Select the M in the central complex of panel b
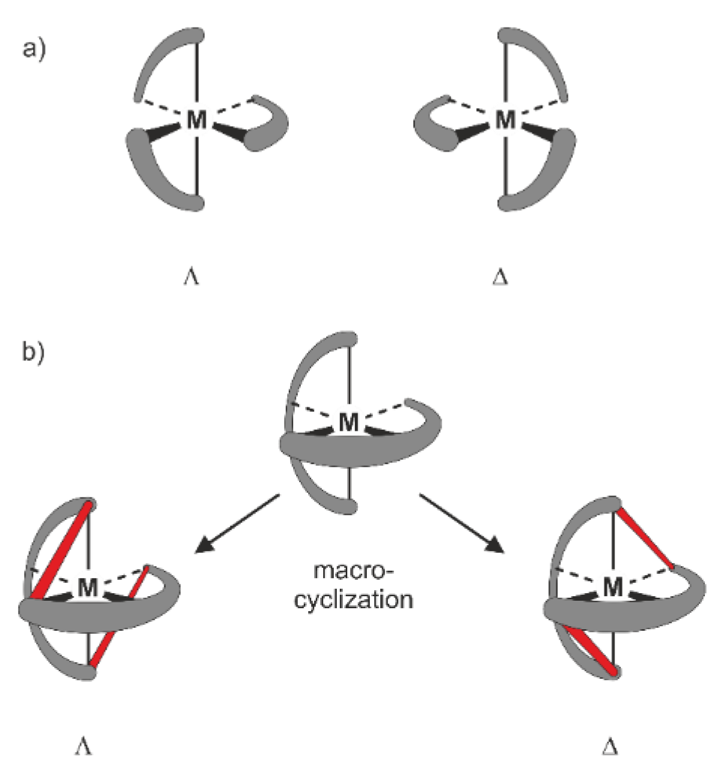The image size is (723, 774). pyautogui.click(x=349, y=422)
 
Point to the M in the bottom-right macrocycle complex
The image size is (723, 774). pyautogui.click(x=614, y=587)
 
